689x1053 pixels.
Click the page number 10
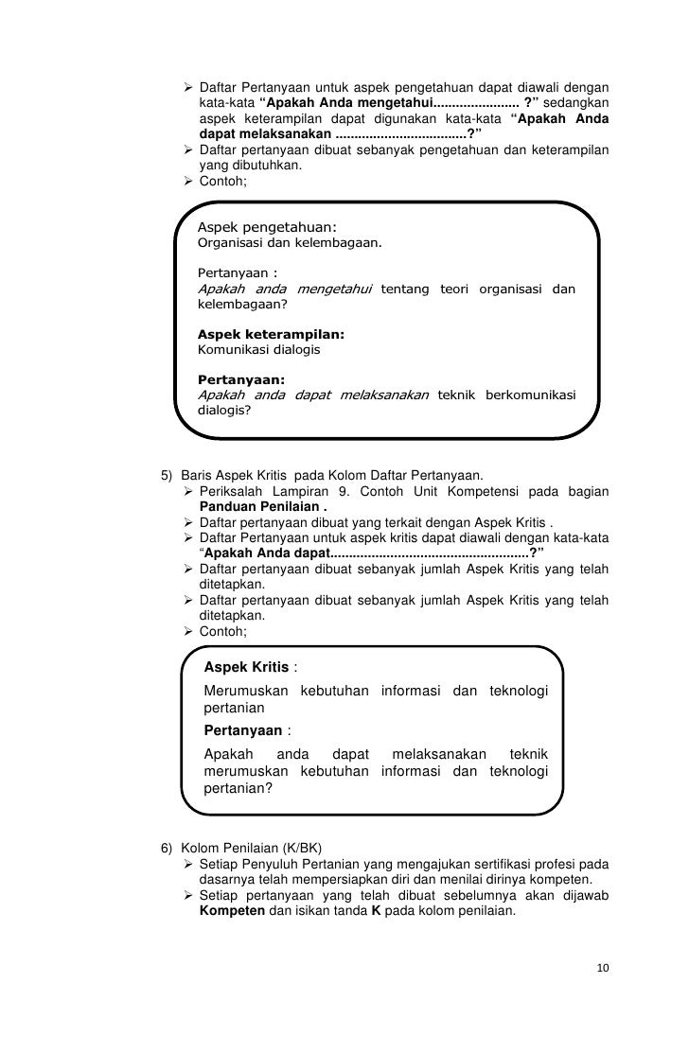click(x=603, y=969)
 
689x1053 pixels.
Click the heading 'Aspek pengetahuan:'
click(x=267, y=226)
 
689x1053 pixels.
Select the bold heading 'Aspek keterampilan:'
click(x=270, y=334)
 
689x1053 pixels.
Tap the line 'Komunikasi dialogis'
click(x=258, y=349)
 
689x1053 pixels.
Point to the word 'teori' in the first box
click(x=461, y=289)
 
